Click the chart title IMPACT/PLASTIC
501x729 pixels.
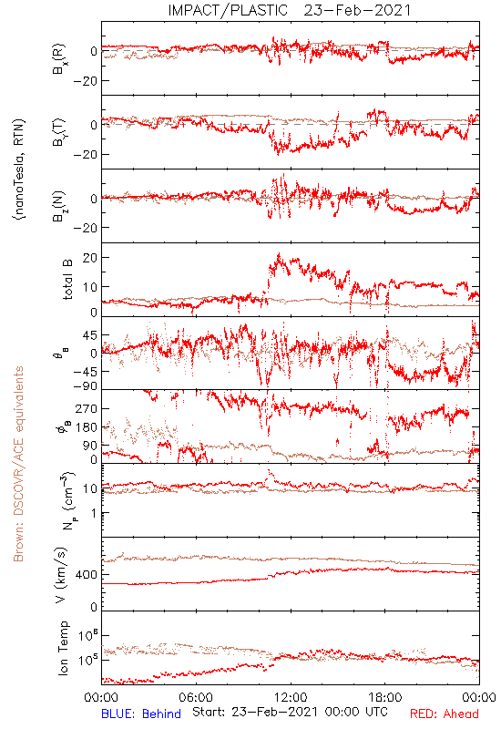point(228,10)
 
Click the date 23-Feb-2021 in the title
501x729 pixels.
point(357,10)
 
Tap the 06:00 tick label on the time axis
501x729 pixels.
point(196,698)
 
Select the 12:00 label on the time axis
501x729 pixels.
point(291,698)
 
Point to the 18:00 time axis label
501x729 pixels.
point(385,698)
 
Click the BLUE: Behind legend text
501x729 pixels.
point(141,714)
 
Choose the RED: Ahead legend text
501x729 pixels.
point(445,714)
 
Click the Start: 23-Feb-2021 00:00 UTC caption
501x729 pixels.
point(290,712)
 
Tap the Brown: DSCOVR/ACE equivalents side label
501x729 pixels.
point(18,464)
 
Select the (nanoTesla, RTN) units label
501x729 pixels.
point(19,169)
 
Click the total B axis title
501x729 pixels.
point(67,280)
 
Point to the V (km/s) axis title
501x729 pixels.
point(61,576)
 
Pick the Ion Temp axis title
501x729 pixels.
point(63,648)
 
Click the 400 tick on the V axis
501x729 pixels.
point(87,575)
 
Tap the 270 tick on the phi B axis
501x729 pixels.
point(87,409)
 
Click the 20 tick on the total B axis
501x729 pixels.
point(90,258)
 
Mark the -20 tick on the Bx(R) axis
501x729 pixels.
point(85,81)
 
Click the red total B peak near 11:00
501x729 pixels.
point(279,254)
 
